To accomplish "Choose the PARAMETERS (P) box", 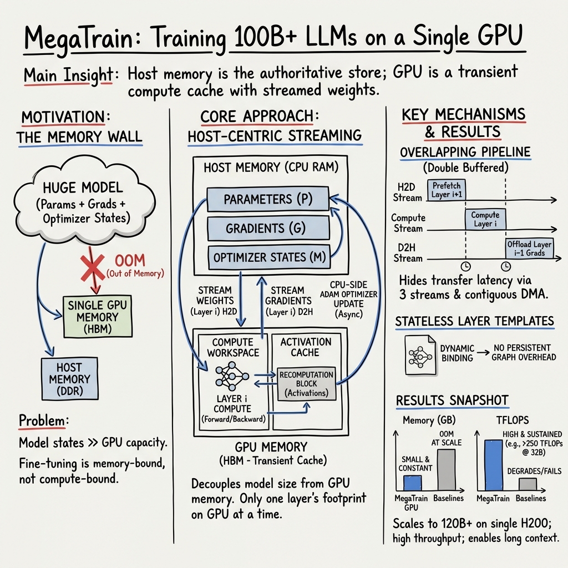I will click(267, 199).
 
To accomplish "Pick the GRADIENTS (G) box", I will click(267, 229).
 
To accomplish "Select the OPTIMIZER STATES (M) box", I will click(267, 257).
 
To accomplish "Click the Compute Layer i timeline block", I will click(485, 220).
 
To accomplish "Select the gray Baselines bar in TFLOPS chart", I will click(528, 484).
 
